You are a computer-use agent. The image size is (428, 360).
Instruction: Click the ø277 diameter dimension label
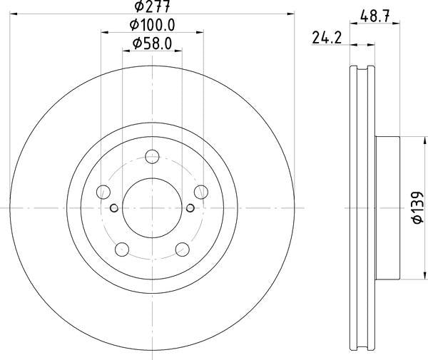coord(153,6)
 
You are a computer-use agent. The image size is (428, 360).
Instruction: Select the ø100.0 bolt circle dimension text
coord(153,25)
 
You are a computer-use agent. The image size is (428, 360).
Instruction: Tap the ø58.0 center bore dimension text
coord(153,43)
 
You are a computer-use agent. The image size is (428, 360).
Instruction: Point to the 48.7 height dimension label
coord(374,16)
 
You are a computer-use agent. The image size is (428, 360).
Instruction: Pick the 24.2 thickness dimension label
coord(327,38)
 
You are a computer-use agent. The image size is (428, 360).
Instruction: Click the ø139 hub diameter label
coord(417,208)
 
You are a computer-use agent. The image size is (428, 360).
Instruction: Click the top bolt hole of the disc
coord(152,157)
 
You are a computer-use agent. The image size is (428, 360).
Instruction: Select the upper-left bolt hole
coord(103,192)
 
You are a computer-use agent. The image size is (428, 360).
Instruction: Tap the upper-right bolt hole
coord(201,192)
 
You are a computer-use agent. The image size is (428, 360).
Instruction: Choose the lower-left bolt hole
coord(122,250)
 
